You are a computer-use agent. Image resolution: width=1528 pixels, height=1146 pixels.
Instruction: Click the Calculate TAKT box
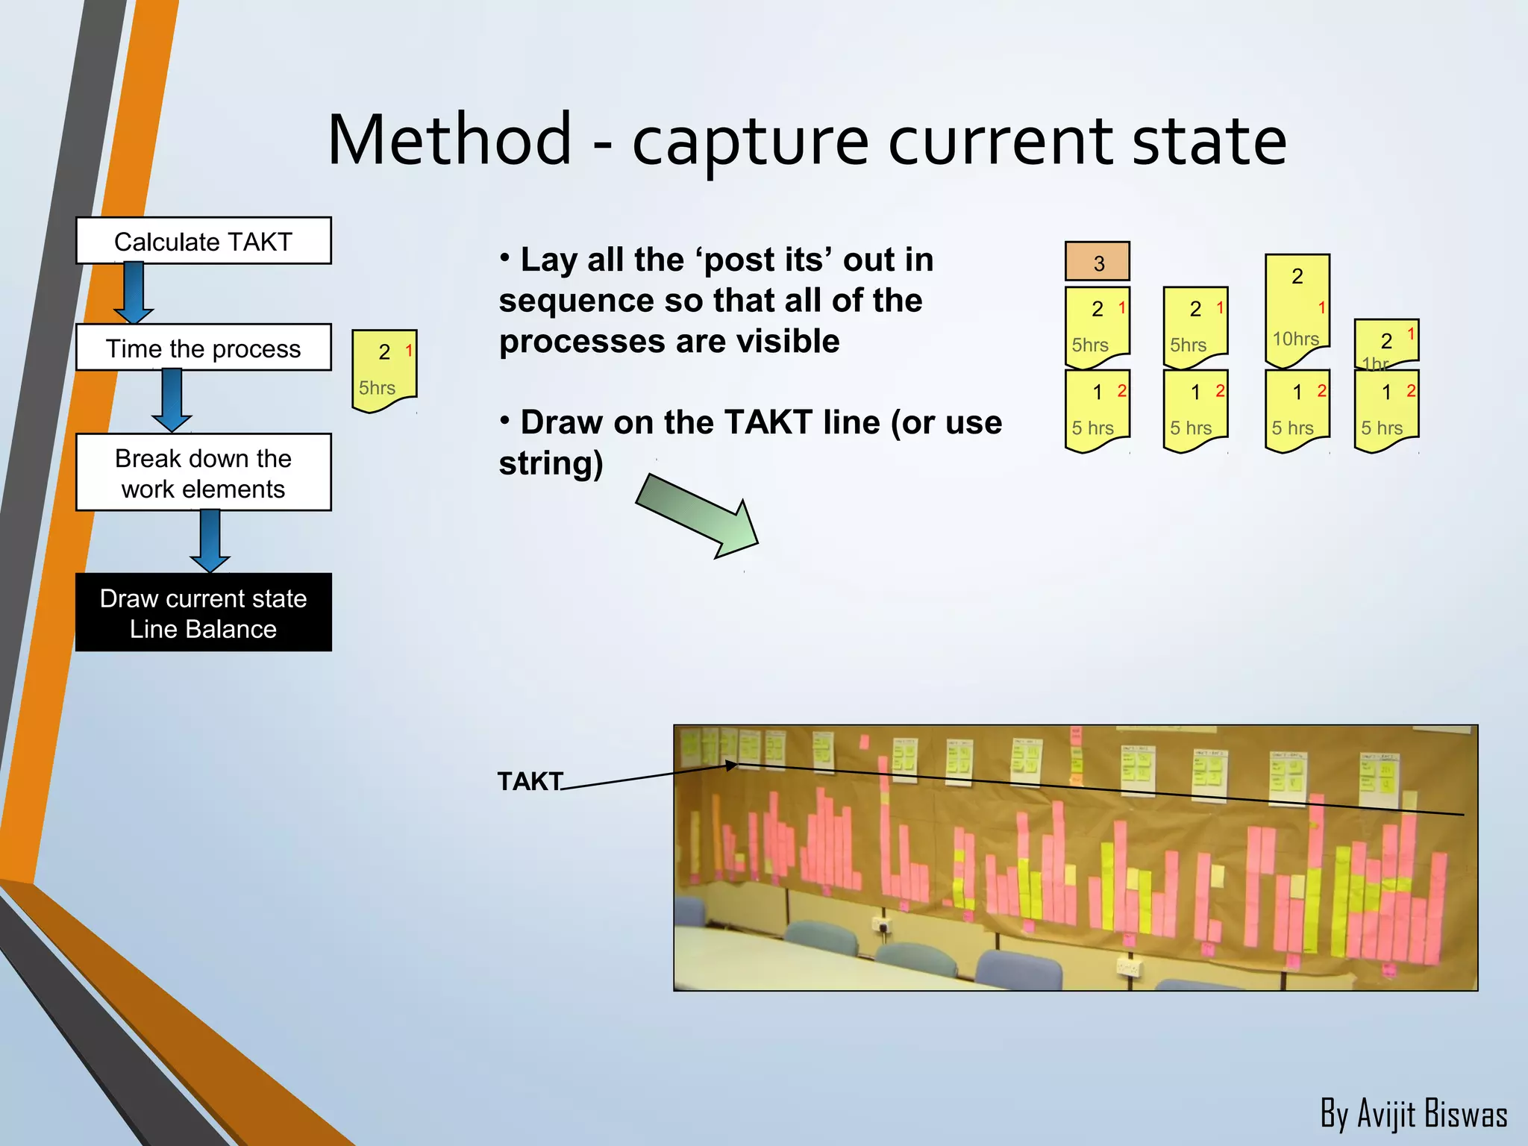(x=203, y=241)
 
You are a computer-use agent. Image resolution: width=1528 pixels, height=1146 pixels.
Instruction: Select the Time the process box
(x=203, y=348)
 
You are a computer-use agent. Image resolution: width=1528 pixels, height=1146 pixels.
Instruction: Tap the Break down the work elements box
(x=203, y=472)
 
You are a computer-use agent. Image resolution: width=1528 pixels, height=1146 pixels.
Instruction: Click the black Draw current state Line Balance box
(x=203, y=613)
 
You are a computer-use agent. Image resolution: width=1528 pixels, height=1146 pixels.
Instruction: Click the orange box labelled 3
(x=1097, y=262)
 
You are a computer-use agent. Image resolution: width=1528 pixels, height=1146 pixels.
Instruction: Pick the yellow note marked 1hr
(x=1386, y=344)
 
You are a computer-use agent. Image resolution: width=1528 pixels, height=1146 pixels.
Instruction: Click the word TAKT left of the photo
(x=530, y=781)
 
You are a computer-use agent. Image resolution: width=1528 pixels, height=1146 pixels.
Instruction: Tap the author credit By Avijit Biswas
(x=1413, y=1114)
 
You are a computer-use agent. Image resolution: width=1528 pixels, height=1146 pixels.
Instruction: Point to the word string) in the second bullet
(x=551, y=463)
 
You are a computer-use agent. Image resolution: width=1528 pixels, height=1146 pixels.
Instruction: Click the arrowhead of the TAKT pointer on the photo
(x=731, y=765)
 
